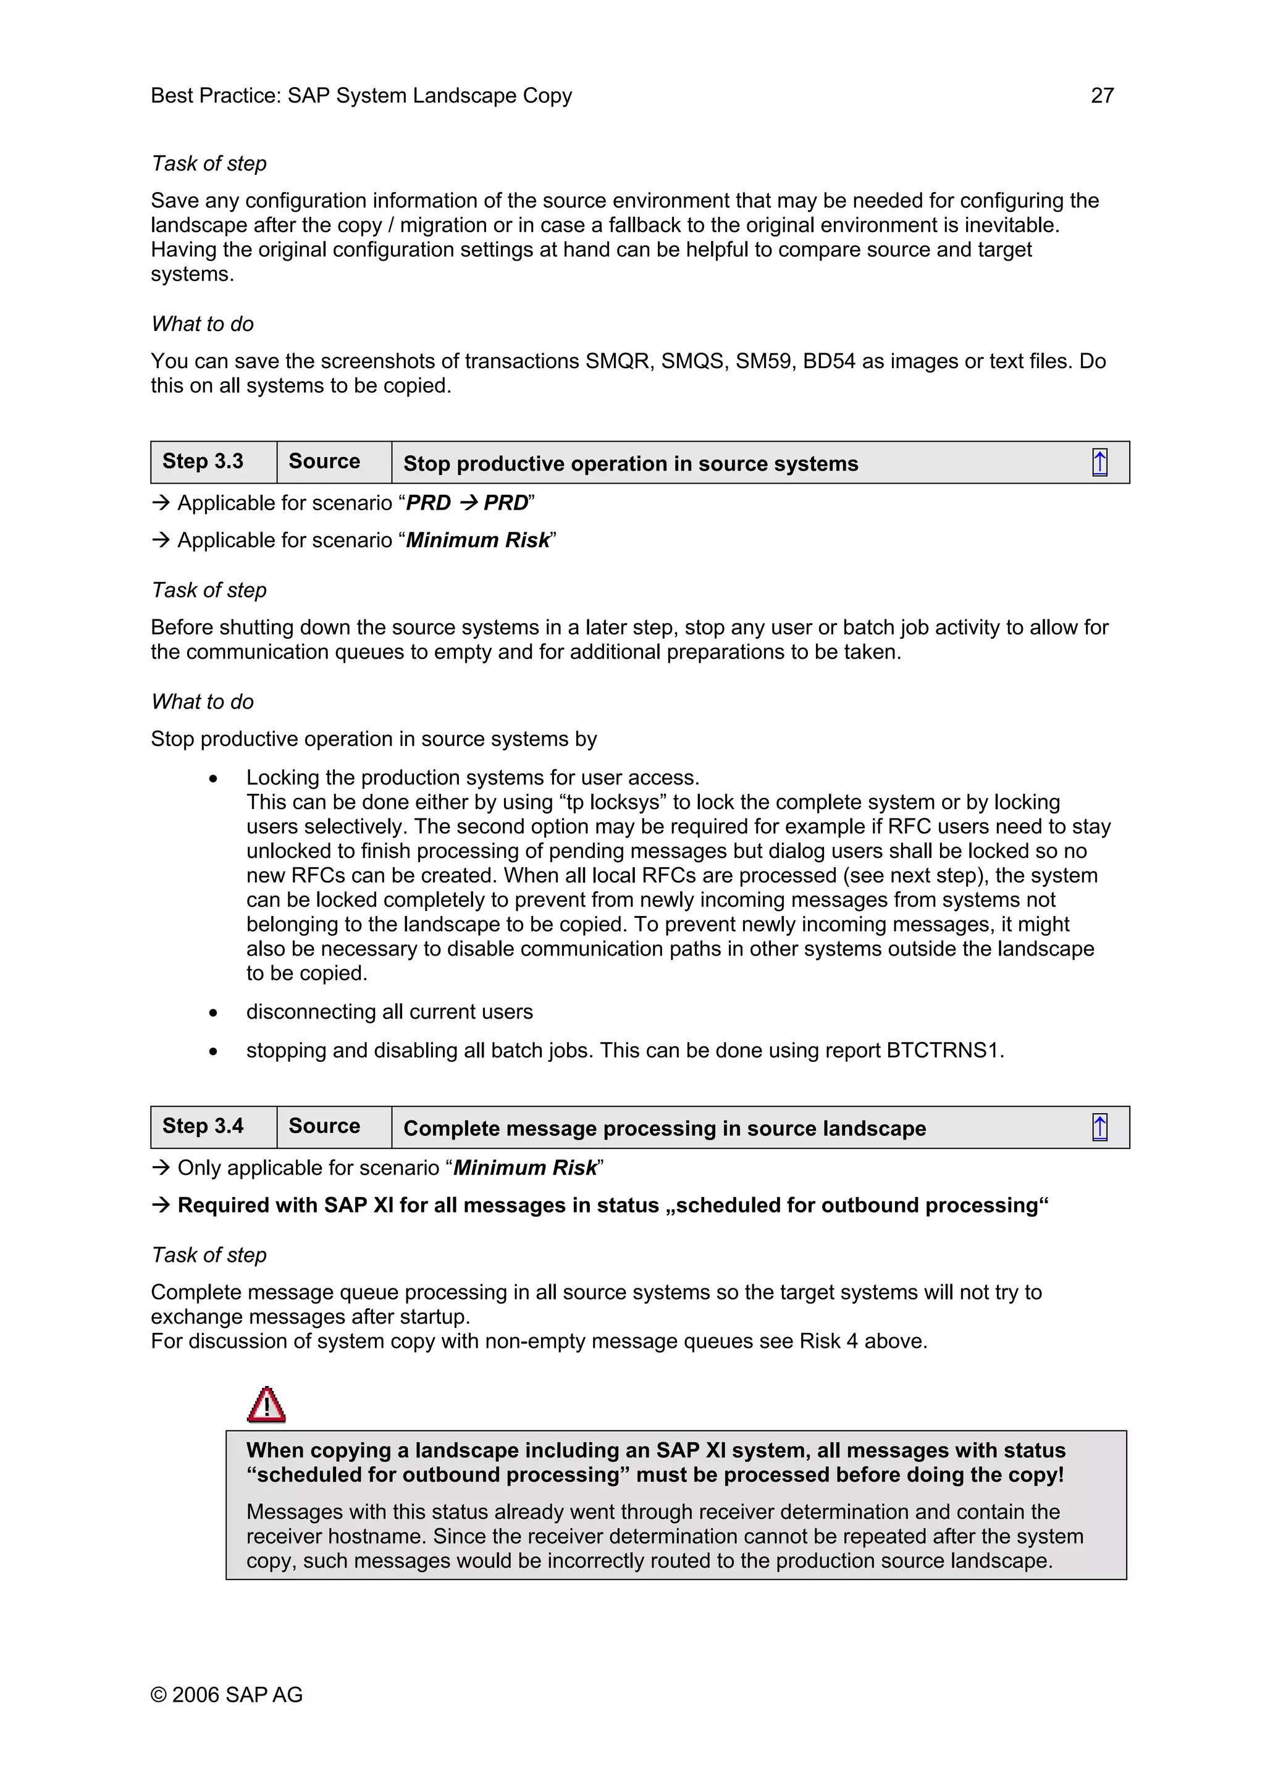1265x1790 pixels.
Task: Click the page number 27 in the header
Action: [x=1101, y=95]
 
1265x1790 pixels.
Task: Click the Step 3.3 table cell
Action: [x=203, y=461]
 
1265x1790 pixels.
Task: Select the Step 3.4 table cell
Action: [x=203, y=1126]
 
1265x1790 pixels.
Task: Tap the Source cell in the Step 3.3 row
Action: [x=324, y=461]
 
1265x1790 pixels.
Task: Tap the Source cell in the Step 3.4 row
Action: [x=324, y=1126]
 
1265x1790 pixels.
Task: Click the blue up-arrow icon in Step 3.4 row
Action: [x=1099, y=1127]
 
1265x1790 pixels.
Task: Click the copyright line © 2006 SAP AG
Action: [x=226, y=1694]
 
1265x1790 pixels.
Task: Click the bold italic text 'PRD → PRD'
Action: [x=467, y=503]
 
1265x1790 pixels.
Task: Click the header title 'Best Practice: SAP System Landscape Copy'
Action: [x=361, y=95]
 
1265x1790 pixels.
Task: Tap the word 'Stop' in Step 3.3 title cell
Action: [x=426, y=464]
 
